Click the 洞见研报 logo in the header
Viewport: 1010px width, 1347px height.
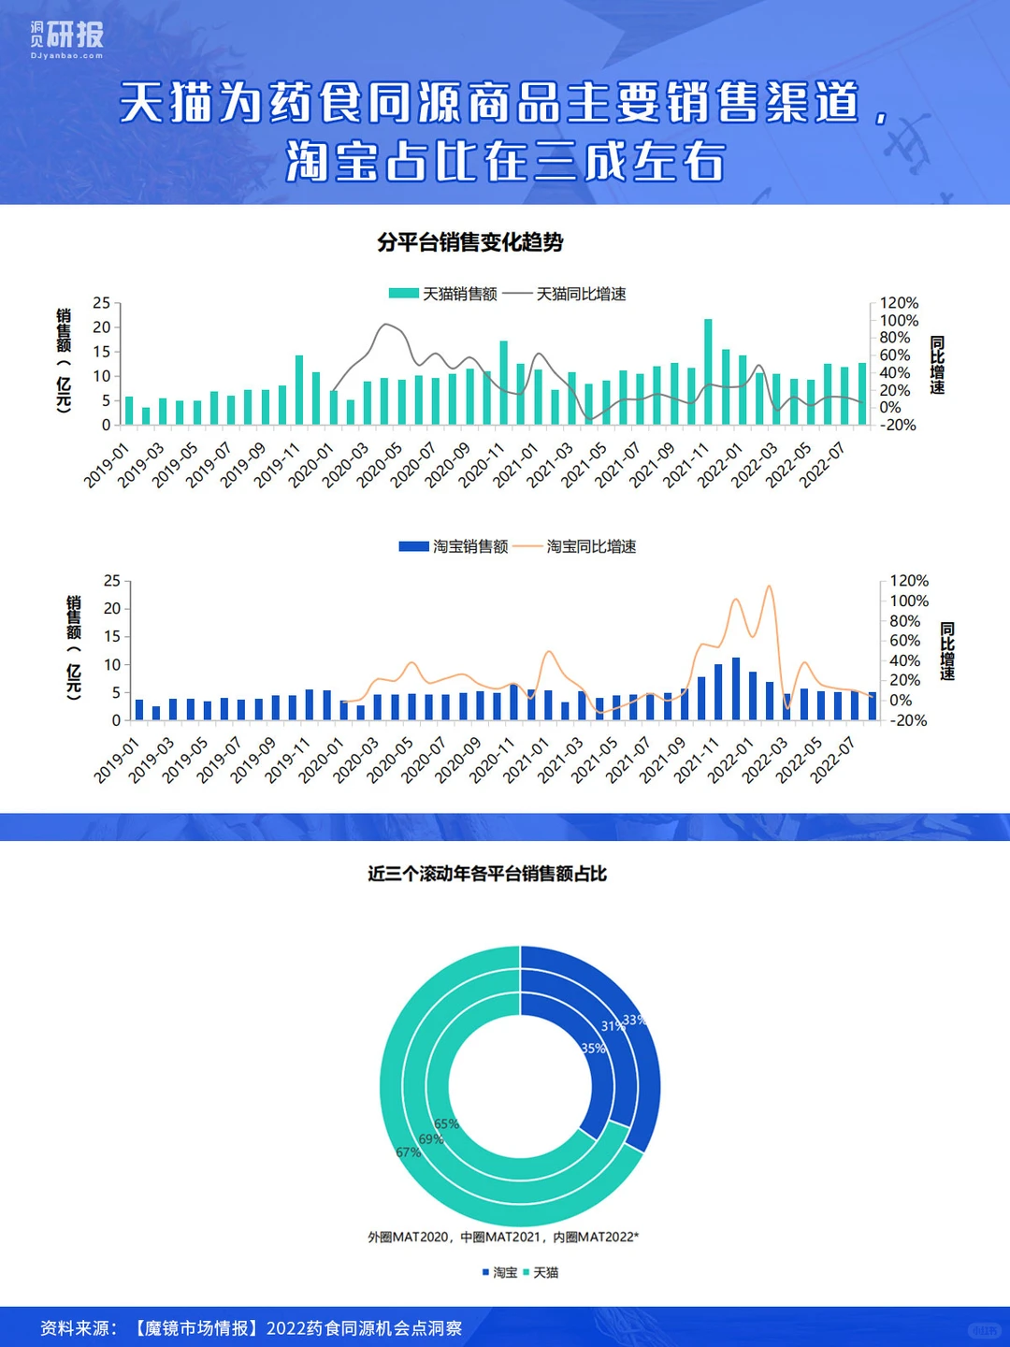pyautogui.click(x=66, y=39)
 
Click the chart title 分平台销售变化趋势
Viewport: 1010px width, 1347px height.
pyautogui.click(x=469, y=243)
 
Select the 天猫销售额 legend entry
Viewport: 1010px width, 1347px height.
pyautogui.click(x=442, y=294)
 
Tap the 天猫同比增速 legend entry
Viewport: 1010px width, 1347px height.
pyautogui.click(x=564, y=294)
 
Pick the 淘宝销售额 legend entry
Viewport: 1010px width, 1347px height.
pyautogui.click(x=454, y=546)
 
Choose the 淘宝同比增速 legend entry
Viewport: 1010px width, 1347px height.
pyautogui.click(x=574, y=546)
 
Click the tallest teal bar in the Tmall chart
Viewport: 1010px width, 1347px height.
pyautogui.click(x=708, y=372)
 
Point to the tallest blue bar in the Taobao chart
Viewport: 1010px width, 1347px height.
pyautogui.click(x=736, y=688)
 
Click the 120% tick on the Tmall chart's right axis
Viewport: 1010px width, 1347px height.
pyautogui.click(x=899, y=302)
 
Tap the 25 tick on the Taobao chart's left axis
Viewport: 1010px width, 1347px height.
pyautogui.click(x=112, y=581)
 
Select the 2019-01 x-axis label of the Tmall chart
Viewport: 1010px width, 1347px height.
pyautogui.click(x=108, y=465)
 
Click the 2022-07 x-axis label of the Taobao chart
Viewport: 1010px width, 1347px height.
pyautogui.click(x=833, y=760)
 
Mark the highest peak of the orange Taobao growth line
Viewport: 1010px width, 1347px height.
pyautogui.click(x=769, y=587)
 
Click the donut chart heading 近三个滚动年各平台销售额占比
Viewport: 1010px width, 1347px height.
pyautogui.click(x=487, y=874)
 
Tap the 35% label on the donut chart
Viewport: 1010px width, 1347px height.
pyautogui.click(x=593, y=1049)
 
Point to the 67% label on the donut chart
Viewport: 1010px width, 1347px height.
pyautogui.click(x=409, y=1151)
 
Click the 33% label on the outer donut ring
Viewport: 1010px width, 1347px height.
pyautogui.click(x=635, y=1020)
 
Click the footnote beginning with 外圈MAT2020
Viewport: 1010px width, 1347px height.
pyautogui.click(x=503, y=1237)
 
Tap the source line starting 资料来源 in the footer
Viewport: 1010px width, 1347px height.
pyautogui.click(x=252, y=1328)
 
